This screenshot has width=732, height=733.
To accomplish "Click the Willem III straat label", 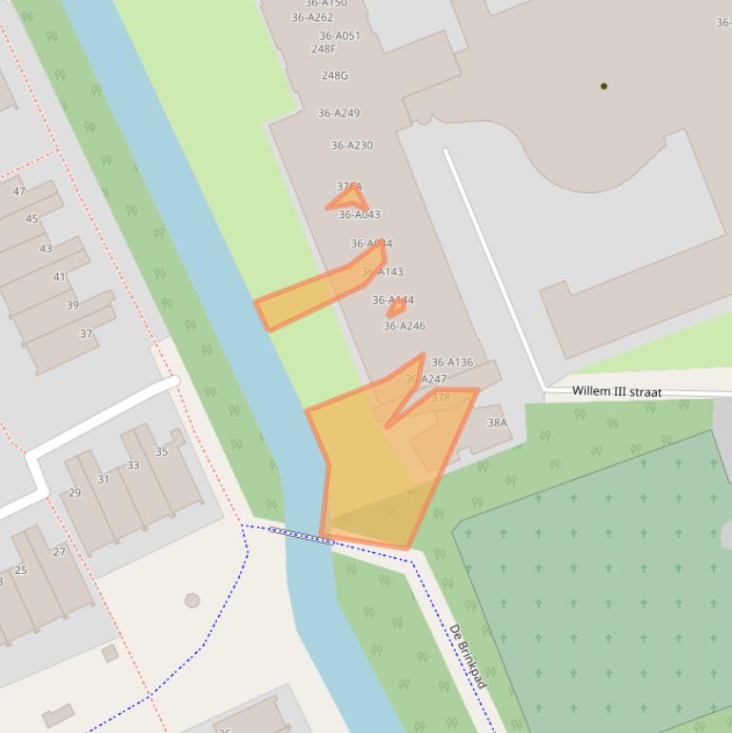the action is (616, 391).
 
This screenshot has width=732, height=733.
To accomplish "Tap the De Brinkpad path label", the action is (467, 656).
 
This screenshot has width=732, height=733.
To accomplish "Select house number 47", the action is (19, 191).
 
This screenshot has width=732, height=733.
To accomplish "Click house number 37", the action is (86, 334).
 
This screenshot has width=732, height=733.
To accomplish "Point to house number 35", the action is (161, 451).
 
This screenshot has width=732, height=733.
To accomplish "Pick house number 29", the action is (74, 493).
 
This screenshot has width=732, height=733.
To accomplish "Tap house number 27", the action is (59, 551).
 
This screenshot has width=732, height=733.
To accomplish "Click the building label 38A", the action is (497, 423).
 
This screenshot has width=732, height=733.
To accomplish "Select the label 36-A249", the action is (339, 113).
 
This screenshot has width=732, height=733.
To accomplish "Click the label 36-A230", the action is (352, 146).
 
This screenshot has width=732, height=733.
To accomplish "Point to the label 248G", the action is (335, 75).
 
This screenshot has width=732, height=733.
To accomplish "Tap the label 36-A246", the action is (405, 326).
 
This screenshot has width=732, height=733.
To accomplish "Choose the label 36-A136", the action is (452, 362).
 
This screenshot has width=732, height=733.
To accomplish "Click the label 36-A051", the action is (340, 36).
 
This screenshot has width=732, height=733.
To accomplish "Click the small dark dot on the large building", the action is (603, 86).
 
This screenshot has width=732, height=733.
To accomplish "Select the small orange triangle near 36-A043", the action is (349, 199).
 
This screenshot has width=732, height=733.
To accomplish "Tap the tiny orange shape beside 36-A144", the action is (396, 308).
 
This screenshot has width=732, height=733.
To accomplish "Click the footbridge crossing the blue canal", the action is (300, 536).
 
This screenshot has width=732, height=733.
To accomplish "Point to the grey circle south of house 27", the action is (192, 601).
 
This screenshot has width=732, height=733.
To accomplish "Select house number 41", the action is (59, 277).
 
